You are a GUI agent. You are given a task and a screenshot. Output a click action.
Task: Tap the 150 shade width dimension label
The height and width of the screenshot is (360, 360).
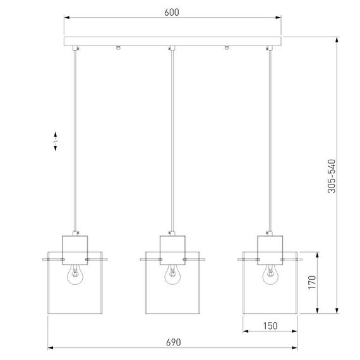click(x=270, y=325)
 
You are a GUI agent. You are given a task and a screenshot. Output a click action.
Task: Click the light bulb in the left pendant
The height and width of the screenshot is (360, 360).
click(x=75, y=272)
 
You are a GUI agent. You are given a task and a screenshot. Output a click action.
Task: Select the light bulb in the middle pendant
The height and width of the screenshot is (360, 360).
click(x=171, y=272)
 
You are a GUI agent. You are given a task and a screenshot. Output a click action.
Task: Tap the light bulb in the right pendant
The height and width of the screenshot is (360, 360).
click(x=270, y=272)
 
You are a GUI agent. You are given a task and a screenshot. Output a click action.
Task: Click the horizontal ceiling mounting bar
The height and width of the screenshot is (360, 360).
click(x=174, y=42)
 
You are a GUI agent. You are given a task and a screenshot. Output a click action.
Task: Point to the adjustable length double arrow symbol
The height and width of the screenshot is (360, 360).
click(x=56, y=141)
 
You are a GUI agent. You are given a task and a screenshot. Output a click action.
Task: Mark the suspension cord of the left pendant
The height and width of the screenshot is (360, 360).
click(x=75, y=139)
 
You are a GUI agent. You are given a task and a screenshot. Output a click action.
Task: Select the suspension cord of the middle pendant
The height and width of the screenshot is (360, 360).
click(x=172, y=139)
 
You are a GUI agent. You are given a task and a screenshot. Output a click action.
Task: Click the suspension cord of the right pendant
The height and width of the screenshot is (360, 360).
click(x=271, y=139)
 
